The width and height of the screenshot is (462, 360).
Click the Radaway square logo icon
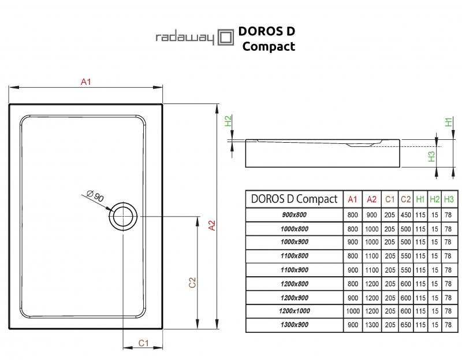pyautogui.click(x=225, y=38)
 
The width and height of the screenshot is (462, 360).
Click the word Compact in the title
pyautogui.click(x=269, y=46)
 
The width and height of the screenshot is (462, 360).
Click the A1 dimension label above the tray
pyautogui.click(x=85, y=83)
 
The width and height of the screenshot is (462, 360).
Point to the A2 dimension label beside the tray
pyautogui.click(x=212, y=225)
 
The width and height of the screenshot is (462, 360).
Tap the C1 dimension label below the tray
pyautogui.click(x=144, y=343)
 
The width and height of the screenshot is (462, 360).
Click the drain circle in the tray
pyautogui.click(x=122, y=217)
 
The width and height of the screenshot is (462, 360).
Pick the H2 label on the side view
pyautogui.click(x=228, y=121)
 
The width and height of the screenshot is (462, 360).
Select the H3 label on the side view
pyautogui.click(x=431, y=156)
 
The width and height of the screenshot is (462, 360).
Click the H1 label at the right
pyautogui.click(x=448, y=122)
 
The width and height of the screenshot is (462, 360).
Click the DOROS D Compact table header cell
pyautogui.click(x=295, y=199)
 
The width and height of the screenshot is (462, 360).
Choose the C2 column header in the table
pyautogui.click(x=405, y=199)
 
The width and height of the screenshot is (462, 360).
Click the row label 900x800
pyautogui.click(x=295, y=215)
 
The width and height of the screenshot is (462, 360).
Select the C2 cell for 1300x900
pyautogui.click(x=405, y=325)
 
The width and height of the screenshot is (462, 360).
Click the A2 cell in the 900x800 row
pyautogui.click(x=372, y=215)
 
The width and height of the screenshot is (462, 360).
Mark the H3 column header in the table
pyautogui.click(x=449, y=199)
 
